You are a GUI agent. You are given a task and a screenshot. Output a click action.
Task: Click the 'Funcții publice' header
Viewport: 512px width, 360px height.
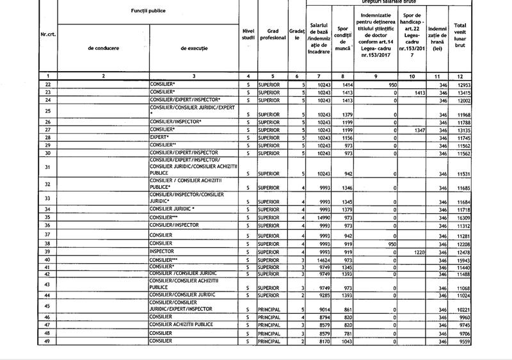148,13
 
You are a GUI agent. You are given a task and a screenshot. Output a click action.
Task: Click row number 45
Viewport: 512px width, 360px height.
48,306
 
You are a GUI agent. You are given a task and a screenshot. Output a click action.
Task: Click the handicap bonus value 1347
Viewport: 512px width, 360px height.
417,130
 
